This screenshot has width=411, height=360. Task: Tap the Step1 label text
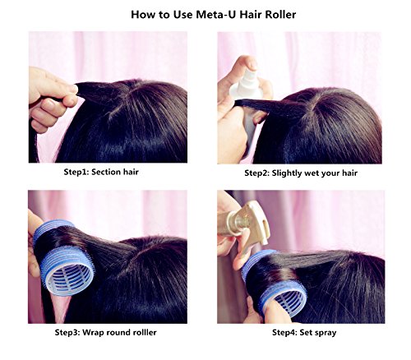click(76, 173)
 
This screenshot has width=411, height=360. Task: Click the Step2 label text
click(256, 173)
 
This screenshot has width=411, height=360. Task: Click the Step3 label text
click(67, 333)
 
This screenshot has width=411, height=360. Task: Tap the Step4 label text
click(284, 333)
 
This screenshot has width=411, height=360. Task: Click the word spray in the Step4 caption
click(326, 334)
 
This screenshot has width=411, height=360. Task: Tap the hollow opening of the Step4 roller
click(289, 302)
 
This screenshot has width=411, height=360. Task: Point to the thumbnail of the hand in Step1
click(74, 88)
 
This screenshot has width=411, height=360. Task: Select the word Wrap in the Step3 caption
click(93, 333)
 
